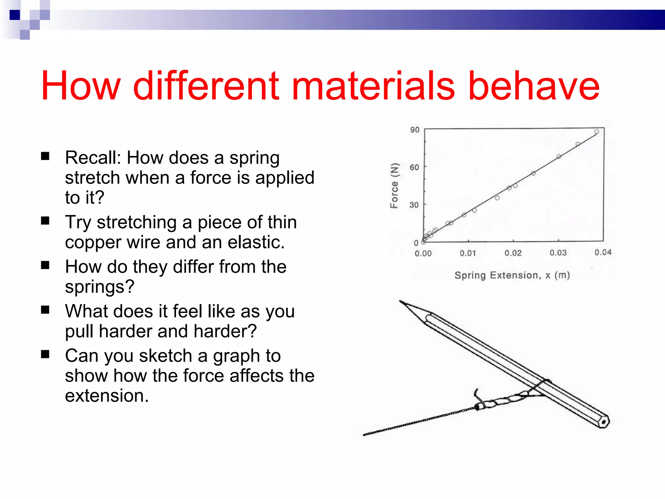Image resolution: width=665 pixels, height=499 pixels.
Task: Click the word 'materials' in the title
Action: click(x=373, y=86)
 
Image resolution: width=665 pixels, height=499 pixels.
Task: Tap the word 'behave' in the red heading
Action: click(x=534, y=86)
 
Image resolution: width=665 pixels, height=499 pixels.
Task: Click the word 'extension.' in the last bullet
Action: click(x=107, y=396)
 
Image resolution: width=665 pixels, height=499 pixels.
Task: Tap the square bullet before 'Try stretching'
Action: click(x=45, y=221)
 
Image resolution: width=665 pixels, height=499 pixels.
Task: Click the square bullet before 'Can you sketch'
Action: click(x=45, y=354)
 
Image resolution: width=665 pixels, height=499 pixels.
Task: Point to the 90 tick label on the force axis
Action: click(x=415, y=130)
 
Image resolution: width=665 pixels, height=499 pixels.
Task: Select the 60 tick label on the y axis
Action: click(x=414, y=167)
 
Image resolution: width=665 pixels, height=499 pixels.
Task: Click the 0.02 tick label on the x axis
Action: click(x=513, y=253)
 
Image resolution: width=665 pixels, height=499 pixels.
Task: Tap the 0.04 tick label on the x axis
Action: click(x=603, y=252)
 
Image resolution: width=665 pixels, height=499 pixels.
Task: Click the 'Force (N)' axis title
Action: click(x=394, y=186)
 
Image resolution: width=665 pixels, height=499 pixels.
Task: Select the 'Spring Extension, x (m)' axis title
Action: click(x=512, y=275)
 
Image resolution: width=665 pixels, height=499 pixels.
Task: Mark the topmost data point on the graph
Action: click(x=597, y=132)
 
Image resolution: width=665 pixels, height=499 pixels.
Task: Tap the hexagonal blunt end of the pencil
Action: click(x=604, y=422)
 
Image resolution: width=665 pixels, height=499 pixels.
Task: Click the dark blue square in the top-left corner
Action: click(x=15, y=15)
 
